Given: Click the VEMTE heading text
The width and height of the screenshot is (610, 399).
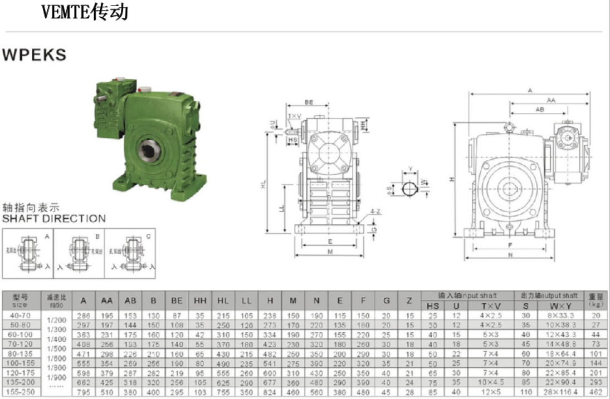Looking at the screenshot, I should point(85,11).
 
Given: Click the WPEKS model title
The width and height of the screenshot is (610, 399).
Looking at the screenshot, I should point(35,55).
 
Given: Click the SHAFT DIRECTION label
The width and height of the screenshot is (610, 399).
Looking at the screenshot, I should point(53,219).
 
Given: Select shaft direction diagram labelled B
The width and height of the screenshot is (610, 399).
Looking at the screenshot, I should point(80,254).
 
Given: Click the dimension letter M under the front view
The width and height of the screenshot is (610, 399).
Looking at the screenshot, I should point(330,252).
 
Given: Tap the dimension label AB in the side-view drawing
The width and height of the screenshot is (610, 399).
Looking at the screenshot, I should point(540,110).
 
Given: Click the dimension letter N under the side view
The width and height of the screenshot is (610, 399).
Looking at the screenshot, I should point(511,255).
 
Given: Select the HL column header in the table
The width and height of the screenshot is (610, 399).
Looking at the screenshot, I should point(223,301).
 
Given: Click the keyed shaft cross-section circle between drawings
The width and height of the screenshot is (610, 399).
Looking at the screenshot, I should point(410,189).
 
